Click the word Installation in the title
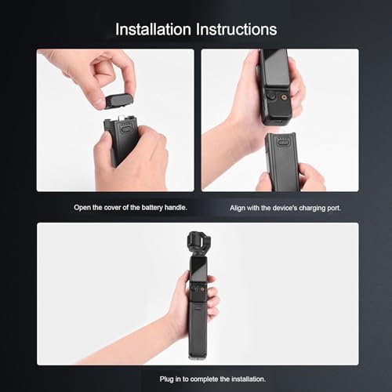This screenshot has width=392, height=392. tap(153, 29)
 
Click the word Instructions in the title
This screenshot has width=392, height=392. tap(237, 29)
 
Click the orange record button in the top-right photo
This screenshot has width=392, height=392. tap(284, 97)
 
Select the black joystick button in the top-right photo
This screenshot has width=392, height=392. tap(272, 96)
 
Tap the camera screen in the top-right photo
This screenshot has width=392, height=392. tap(274, 69)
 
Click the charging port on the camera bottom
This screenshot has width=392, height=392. tap(278, 122)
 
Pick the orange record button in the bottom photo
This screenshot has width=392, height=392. tap(202, 289)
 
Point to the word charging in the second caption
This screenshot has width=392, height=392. tap(311, 208)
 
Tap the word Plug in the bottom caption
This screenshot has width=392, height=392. tap(166, 379)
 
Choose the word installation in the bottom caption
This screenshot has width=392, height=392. tap(249, 379)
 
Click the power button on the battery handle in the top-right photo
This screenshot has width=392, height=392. tap(282, 143)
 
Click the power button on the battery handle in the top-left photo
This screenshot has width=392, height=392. tap(126, 129)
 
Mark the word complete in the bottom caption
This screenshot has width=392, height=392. tap(204, 379)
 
